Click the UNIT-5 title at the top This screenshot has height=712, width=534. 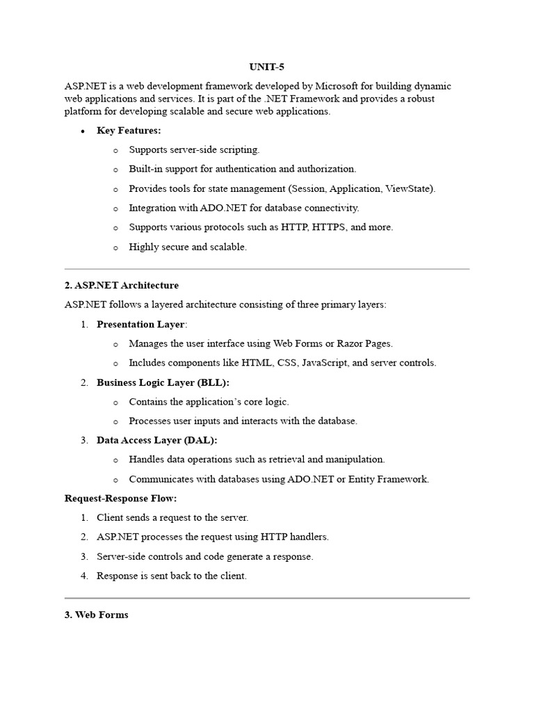(267, 67)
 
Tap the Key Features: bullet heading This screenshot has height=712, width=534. (129, 131)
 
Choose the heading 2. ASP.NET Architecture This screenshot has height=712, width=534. (122, 285)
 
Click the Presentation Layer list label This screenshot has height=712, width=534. (140, 324)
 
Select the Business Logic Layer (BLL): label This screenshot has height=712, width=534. (163, 382)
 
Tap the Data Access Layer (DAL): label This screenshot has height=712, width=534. (156, 440)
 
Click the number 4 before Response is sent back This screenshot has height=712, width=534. (84, 576)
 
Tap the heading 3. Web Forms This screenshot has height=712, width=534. (97, 615)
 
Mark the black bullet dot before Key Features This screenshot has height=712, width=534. (83, 131)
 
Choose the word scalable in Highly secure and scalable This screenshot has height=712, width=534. (227, 247)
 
